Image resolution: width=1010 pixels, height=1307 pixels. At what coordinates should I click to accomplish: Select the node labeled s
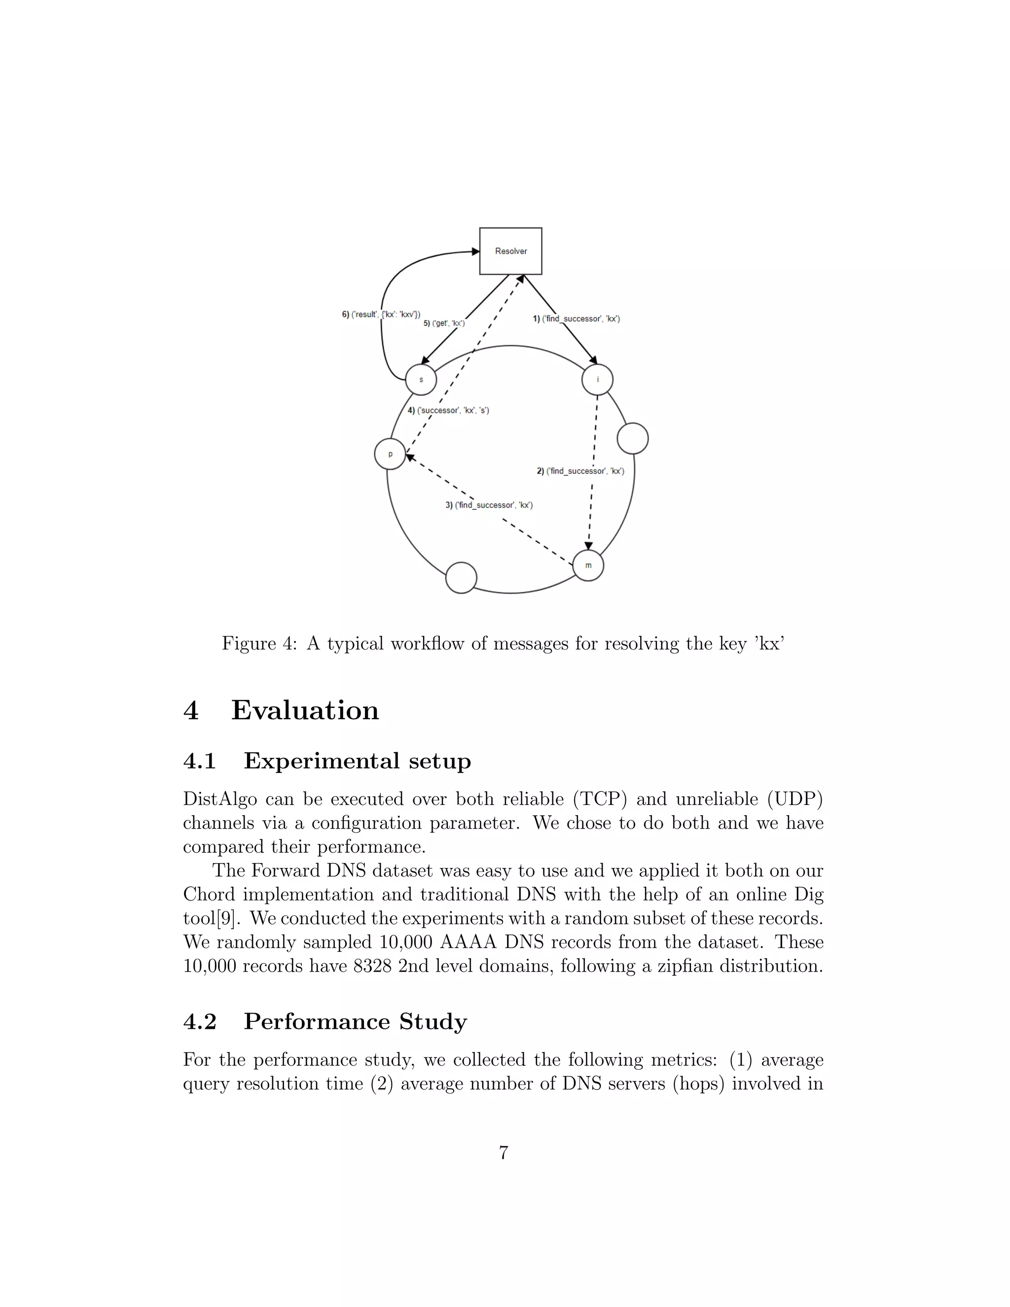(x=421, y=379)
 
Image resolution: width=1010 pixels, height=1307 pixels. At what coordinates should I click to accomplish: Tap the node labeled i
(x=597, y=379)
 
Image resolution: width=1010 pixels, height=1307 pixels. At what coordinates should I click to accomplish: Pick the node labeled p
(x=390, y=454)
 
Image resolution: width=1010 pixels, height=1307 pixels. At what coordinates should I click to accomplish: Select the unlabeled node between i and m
(x=632, y=438)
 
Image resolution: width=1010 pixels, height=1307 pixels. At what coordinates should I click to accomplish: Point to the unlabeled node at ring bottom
(x=461, y=578)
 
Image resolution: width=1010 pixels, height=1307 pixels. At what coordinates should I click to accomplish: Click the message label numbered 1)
(x=576, y=319)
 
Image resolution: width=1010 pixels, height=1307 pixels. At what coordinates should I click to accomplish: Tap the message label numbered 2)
(x=580, y=471)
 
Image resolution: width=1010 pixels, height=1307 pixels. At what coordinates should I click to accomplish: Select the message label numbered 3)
(x=489, y=505)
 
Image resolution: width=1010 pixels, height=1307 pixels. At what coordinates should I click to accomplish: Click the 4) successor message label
(x=448, y=410)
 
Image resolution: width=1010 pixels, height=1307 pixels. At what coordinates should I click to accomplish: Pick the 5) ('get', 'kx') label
(x=444, y=323)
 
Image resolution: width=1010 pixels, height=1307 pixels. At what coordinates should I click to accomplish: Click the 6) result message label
(x=381, y=314)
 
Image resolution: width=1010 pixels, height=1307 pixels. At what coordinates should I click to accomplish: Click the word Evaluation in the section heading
(x=305, y=710)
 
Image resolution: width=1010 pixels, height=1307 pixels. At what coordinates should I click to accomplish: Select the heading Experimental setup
(x=357, y=761)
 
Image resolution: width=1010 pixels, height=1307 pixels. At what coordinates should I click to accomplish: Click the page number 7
(x=504, y=1152)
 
